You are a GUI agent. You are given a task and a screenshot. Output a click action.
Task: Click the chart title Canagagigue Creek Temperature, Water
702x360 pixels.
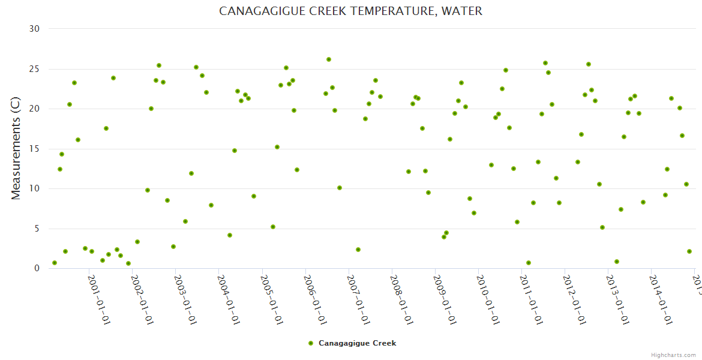click(x=350, y=11)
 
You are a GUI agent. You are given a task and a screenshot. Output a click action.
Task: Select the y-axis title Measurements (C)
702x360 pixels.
click(x=16, y=148)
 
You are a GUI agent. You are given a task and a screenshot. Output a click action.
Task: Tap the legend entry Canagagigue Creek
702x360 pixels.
click(x=357, y=343)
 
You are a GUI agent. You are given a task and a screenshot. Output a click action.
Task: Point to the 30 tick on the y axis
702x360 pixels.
click(x=34, y=29)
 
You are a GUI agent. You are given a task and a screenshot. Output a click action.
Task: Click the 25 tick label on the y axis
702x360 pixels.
click(x=34, y=69)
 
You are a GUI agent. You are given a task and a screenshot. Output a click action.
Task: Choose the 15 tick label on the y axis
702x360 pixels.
click(x=34, y=149)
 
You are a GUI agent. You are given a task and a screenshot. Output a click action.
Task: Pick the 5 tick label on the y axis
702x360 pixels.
click(x=37, y=229)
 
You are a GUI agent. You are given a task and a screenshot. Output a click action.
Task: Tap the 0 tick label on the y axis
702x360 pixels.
click(x=37, y=269)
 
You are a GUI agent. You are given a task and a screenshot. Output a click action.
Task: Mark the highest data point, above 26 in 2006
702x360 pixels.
click(x=329, y=59)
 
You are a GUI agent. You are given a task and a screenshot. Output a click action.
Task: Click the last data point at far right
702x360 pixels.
click(x=689, y=251)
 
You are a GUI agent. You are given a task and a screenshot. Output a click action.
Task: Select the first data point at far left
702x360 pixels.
click(x=55, y=263)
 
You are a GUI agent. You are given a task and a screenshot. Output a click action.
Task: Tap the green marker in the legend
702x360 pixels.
click(x=310, y=343)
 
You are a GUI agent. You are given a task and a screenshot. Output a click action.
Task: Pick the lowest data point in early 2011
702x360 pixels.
click(x=529, y=263)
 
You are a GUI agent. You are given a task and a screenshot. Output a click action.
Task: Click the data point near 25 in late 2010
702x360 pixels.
click(x=506, y=70)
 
